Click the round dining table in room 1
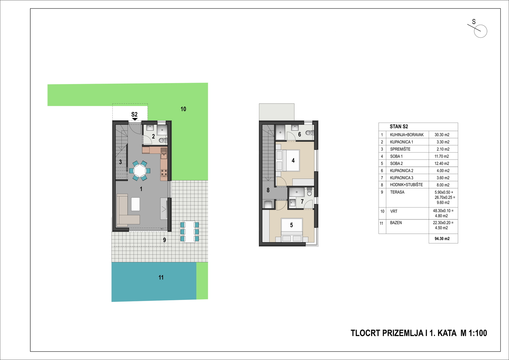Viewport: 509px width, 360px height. coord(140,171)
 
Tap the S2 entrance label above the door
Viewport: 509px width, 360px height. coord(135,114)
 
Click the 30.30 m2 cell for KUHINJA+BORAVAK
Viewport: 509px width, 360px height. coord(442,135)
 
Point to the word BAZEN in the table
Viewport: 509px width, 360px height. coord(396,223)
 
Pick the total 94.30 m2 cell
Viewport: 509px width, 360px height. coord(442,239)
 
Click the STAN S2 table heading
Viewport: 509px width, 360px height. coord(399,127)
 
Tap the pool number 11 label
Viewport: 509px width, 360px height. coord(161,277)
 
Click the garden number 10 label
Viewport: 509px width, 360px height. coord(183,109)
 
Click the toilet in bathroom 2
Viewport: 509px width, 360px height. coord(162,140)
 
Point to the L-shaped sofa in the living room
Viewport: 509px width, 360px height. coord(128,210)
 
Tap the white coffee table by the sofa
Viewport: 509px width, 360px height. coord(135,204)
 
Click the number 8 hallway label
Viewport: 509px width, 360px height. coord(268,190)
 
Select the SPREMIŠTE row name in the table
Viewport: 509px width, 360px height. coord(400,149)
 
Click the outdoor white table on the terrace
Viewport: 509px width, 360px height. coord(190,232)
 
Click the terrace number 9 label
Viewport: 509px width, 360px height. coord(165,240)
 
